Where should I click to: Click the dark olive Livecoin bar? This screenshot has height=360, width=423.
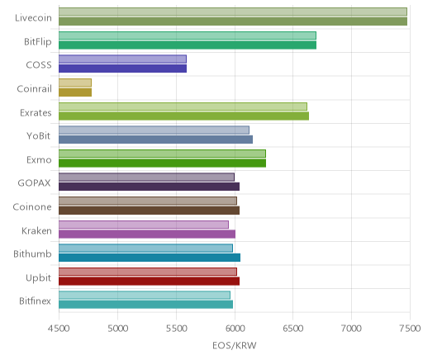[233, 21]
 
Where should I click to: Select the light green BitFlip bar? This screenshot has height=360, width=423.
[188, 36]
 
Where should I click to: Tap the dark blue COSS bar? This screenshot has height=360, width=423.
[123, 69]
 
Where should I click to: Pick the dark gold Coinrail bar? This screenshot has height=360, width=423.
[75, 92]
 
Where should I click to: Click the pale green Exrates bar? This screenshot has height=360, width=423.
[183, 107]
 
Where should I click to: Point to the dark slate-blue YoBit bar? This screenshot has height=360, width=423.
[155, 140]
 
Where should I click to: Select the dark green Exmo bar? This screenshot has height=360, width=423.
[163, 163]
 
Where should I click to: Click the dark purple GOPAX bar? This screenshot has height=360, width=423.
[150, 187]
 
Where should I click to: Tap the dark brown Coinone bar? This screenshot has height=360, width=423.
[150, 211]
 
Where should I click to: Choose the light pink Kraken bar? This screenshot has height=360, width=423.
[144, 225]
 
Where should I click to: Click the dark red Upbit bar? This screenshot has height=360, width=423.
[150, 282]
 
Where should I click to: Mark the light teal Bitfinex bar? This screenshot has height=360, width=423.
[145, 296]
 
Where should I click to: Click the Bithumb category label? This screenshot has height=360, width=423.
[32, 253]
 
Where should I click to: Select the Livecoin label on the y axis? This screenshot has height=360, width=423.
[33, 18]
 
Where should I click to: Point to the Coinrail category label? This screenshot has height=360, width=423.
[35, 89]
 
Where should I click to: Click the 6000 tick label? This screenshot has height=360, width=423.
[235, 329]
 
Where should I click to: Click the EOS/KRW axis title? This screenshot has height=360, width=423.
[235, 345]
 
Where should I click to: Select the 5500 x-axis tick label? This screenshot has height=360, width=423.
[176, 329]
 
